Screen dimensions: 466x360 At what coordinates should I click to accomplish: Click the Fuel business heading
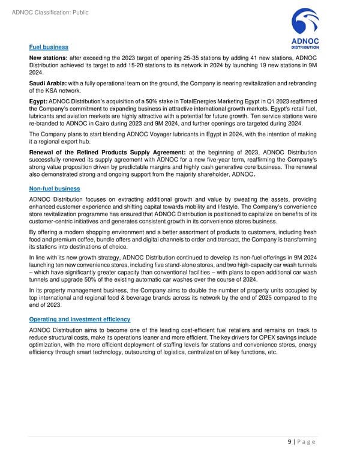pyautogui.click(x=49, y=47)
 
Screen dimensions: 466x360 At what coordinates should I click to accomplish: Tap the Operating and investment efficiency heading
pyautogui.click(x=79, y=318)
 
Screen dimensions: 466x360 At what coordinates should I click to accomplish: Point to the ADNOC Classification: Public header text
pyautogui.click(x=47, y=7)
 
